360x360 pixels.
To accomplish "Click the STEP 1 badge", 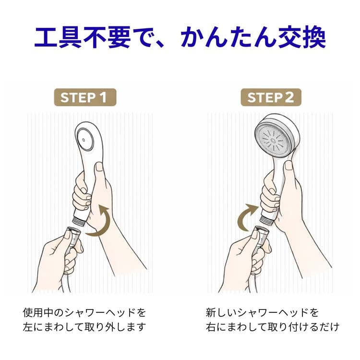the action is tap(85, 97).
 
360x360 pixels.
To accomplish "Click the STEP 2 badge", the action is tap(271, 97).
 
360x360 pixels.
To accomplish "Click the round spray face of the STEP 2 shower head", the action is tap(274, 139).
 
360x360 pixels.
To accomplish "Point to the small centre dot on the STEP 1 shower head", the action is tap(84, 140).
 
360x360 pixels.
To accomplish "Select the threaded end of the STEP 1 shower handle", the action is tap(79, 222).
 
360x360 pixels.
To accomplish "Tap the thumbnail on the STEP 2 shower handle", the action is tap(289, 165).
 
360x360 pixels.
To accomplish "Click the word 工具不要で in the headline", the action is tap(83, 37).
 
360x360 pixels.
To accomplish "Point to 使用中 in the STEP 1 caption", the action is tap(38, 312).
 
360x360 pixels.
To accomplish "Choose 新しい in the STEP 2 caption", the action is tap(221, 312).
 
